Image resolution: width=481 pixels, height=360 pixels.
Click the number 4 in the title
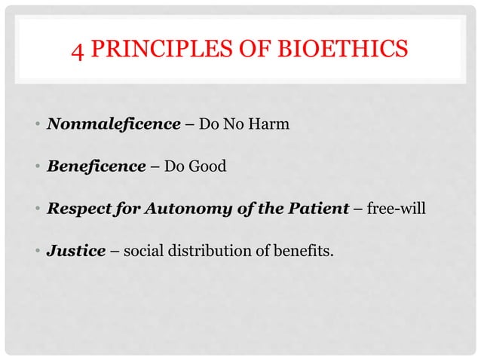78,51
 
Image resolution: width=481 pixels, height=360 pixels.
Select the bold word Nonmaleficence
109,124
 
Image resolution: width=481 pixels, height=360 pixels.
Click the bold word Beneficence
96,166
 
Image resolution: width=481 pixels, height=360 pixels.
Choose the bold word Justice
75,250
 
